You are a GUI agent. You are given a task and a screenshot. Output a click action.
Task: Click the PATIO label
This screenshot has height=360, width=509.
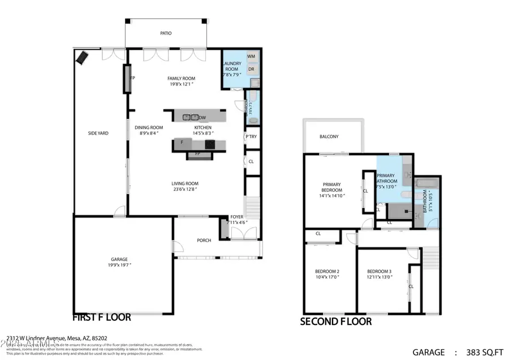(x=165, y=33)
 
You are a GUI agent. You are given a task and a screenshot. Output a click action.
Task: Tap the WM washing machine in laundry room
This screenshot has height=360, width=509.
(x=251, y=57)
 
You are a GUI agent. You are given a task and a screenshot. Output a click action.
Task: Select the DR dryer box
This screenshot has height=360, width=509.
(x=251, y=70)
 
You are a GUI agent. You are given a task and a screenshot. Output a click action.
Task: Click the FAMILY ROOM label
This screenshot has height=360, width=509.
(x=181, y=79)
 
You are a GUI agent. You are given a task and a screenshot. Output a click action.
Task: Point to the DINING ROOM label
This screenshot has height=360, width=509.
(x=149, y=128)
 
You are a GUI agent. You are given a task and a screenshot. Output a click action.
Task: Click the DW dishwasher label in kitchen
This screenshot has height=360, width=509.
(x=202, y=118)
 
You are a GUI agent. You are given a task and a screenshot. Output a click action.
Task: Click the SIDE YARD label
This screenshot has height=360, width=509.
(x=98, y=134)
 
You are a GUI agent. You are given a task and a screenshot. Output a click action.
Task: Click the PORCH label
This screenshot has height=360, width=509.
(x=204, y=241)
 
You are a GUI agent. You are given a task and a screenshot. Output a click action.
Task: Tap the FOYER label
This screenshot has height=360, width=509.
(x=236, y=217)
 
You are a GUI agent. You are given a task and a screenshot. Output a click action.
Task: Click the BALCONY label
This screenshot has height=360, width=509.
(x=329, y=137)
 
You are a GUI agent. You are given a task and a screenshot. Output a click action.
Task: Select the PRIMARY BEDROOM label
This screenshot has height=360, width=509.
(x=332, y=187)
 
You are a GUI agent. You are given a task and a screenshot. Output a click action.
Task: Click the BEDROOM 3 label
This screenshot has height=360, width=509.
(x=379, y=272)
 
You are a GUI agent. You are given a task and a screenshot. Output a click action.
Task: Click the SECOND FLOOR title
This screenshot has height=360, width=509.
(x=336, y=322)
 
